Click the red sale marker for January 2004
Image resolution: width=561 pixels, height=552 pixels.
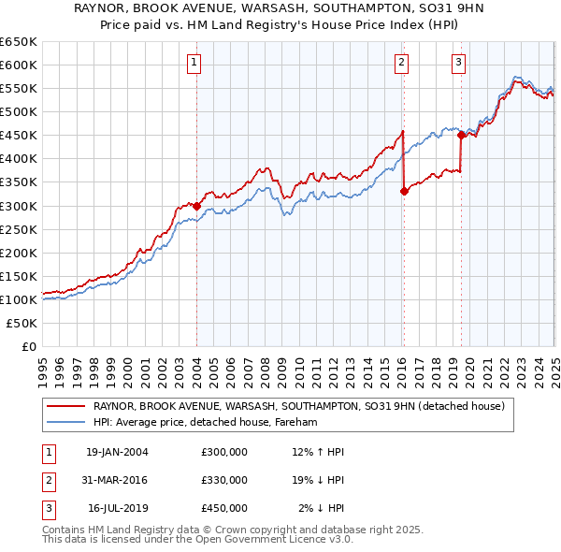pos(197,206)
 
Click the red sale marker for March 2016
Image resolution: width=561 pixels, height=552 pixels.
pos(404,191)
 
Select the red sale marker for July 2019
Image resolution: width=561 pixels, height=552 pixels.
pos(461,135)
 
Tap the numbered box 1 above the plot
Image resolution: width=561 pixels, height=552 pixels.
pos(194,63)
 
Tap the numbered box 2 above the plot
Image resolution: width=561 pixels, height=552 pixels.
pos(401,63)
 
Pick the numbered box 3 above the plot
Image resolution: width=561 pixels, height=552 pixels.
pos(459,63)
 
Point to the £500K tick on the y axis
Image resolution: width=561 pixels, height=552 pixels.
pos(20,111)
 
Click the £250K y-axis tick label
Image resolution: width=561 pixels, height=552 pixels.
pos(20,229)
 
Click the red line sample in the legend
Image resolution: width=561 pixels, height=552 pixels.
pos(65,406)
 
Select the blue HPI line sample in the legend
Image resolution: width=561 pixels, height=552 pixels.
pos(65,423)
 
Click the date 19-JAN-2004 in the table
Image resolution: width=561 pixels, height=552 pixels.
pos(117,452)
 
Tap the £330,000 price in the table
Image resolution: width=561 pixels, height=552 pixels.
pos(224,480)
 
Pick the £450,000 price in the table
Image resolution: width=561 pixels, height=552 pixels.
pos(224,508)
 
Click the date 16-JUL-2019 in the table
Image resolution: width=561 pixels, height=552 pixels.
pos(117,508)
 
